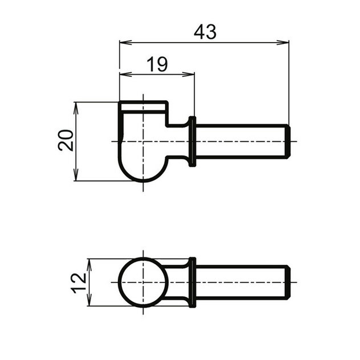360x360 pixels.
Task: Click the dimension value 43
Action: coord(205,32)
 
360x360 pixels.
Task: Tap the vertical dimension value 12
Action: coord(80,281)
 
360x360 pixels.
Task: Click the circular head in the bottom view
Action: coord(143,283)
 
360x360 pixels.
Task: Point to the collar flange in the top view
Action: coord(192,141)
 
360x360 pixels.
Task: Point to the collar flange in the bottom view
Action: coord(192,282)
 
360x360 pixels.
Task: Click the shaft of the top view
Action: coord(239,141)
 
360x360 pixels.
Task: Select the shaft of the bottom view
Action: coord(239,282)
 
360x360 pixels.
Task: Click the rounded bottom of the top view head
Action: coord(143,174)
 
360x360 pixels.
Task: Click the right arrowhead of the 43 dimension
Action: coord(284,42)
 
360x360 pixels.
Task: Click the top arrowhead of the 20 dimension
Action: coord(76,106)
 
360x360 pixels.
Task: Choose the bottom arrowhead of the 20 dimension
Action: coord(76,177)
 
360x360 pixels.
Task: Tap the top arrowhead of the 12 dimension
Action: coord(89,262)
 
